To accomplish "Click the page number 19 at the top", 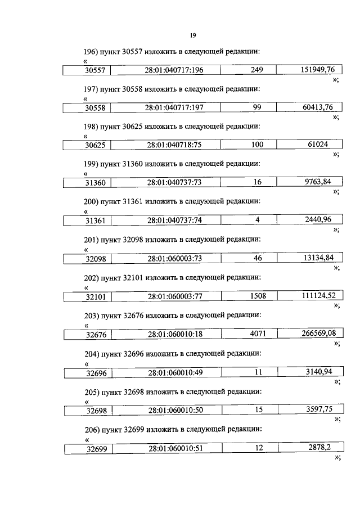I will (192, 35).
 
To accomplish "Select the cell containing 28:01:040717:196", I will (174, 70).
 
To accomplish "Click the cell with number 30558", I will (88, 108).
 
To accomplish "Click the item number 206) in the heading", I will (91, 429).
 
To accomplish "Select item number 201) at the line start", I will (91, 240).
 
